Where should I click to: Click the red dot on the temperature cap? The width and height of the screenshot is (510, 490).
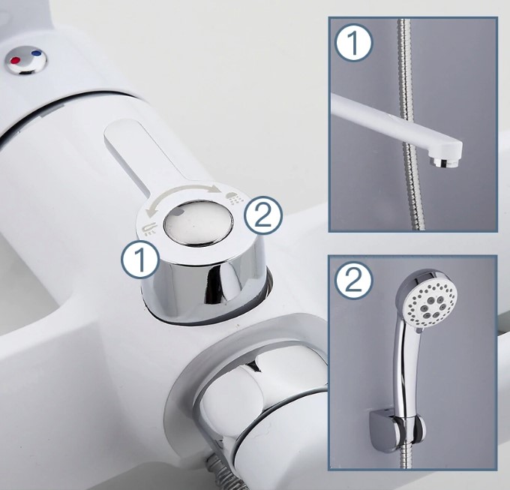pyautogui.click(x=15, y=60)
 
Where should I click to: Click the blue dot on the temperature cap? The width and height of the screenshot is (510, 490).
pyautogui.click(x=37, y=53)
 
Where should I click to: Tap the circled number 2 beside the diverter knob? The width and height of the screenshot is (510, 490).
pyautogui.click(x=263, y=215)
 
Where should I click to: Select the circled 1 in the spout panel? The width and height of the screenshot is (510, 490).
pyautogui.click(x=353, y=44)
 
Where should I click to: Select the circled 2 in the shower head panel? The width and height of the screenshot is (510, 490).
pyautogui.click(x=354, y=281)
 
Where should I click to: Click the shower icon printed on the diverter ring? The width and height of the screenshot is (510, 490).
pyautogui.click(x=235, y=197)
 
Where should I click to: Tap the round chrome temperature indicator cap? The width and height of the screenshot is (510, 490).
pyautogui.click(x=25, y=60)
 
